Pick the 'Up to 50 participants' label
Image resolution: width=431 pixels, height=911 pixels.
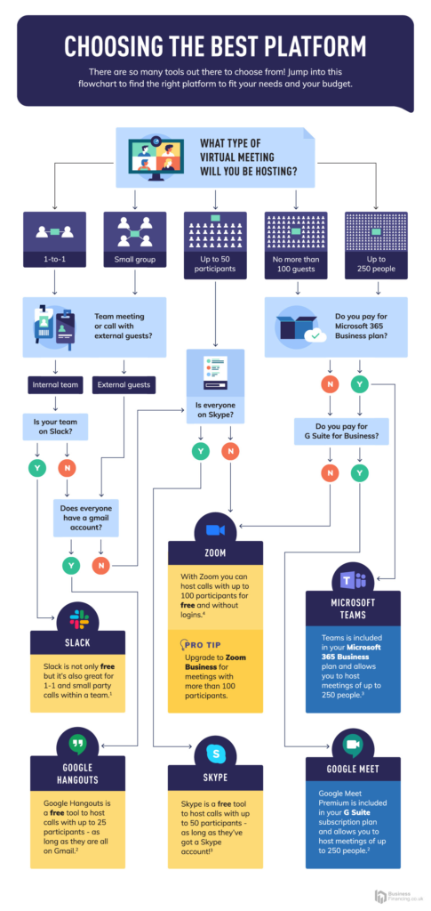[215, 262]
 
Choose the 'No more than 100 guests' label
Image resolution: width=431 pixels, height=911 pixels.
[296, 262]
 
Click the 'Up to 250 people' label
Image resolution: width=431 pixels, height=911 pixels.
[376, 262]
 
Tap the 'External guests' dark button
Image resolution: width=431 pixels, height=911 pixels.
[124, 385]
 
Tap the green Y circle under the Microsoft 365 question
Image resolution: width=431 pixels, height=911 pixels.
[360, 385]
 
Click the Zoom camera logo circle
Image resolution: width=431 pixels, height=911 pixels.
[215, 529]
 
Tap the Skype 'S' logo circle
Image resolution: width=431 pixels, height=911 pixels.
[215, 754]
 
